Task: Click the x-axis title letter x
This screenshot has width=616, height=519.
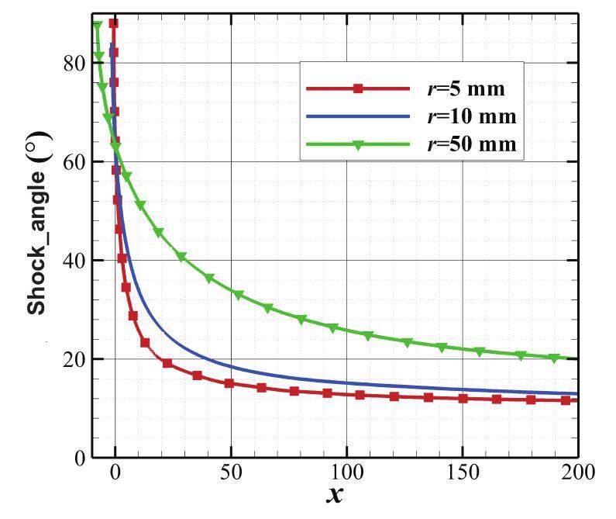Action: (334, 496)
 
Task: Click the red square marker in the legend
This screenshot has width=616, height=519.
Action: (358, 89)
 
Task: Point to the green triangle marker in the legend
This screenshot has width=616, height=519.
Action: (358, 145)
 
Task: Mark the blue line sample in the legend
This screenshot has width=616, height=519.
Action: (358, 117)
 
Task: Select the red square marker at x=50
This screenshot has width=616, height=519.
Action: (229, 383)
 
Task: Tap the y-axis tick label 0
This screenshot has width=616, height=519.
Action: (81, 457)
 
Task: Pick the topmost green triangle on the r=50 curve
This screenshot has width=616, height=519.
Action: (98, 26)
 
